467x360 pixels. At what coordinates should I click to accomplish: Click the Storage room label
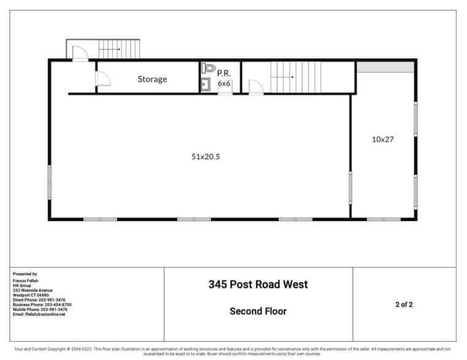coord(152,79)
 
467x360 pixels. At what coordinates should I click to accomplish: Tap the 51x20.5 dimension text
coord(205,157)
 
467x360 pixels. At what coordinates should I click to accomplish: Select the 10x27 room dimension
coord(382,139)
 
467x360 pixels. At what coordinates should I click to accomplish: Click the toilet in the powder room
coord(208,69)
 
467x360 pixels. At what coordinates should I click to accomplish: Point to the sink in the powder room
coord(206,85)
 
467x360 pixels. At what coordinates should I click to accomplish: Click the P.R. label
coord(224,72)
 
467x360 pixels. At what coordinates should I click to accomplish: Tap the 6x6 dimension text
coord(224,83)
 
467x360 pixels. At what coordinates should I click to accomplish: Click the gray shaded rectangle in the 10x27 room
coord(385,67)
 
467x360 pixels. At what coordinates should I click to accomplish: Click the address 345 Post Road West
coord(258,284)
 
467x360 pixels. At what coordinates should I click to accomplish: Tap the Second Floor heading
coord(258,311)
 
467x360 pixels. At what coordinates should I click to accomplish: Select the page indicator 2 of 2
coord(404,304)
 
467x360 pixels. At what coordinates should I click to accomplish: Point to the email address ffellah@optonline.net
coord(39,315)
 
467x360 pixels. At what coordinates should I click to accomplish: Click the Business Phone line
coord(42,304)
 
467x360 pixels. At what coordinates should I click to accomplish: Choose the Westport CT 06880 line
coord(31,294)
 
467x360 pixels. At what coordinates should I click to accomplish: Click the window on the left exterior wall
coord(50,182)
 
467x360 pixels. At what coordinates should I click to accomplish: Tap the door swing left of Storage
coord(103,78)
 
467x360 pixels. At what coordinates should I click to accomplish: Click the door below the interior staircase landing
coord(256,88)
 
